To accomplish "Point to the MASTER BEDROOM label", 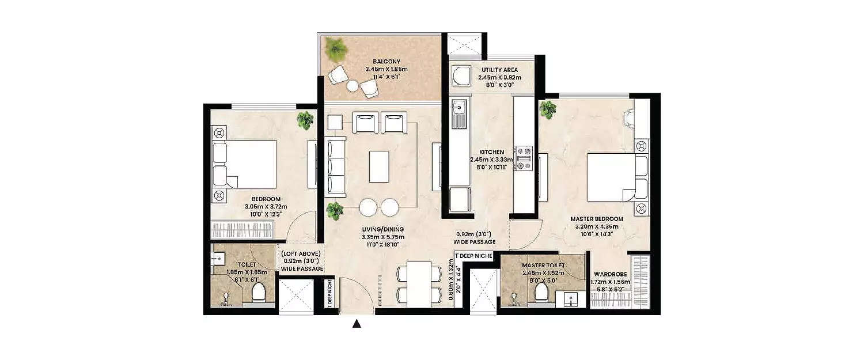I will [597, 219].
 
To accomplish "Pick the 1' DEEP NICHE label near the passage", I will [473, 255].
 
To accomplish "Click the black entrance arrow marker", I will [357, 324].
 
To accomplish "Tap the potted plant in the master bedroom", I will [548, 108].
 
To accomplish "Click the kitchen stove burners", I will [524, 159].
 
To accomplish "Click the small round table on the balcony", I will [353, 85].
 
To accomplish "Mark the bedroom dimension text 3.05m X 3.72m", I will [263, 207].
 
